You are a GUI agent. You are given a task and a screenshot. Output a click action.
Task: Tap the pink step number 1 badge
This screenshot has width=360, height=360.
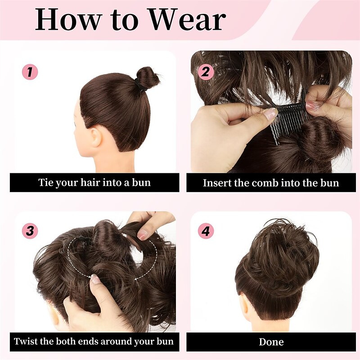30,72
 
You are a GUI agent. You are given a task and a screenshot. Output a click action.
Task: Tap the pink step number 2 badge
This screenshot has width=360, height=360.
206,72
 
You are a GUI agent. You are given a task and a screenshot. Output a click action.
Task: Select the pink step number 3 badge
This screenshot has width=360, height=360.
30,230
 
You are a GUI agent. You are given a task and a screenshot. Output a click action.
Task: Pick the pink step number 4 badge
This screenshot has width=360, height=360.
206,231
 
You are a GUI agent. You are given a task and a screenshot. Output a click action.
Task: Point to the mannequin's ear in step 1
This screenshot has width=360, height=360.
96,138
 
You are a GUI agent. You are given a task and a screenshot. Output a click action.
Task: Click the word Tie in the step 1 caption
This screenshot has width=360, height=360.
46,182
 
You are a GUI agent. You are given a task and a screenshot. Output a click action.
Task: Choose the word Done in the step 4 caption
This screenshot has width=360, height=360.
271,342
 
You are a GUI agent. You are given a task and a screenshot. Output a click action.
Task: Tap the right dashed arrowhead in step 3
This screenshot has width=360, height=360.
136,279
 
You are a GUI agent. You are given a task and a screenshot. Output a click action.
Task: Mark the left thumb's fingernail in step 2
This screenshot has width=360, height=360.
270,113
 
